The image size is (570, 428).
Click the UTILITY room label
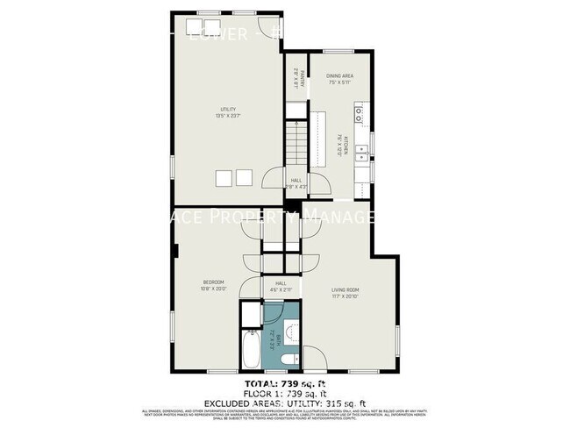228,110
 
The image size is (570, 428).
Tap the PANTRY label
296,78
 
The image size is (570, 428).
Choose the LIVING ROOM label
346,289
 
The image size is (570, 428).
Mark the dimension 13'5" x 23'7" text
228,116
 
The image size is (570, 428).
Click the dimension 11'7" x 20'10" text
346,296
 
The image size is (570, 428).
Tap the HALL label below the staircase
296,180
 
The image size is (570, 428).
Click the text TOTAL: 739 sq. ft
284,384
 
